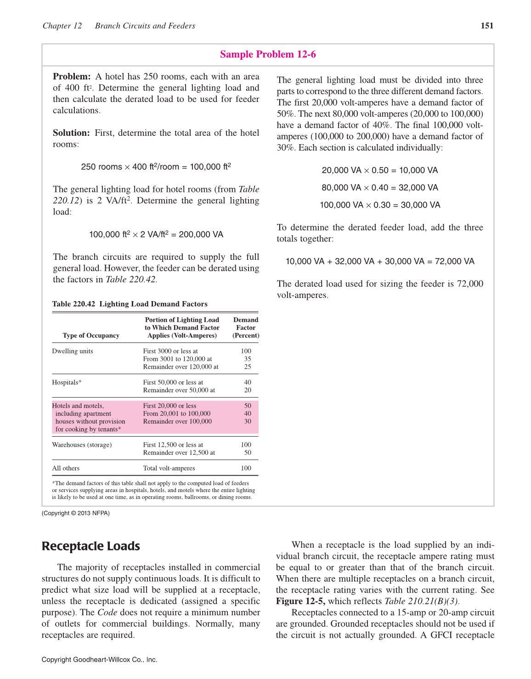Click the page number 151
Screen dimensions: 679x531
pos(487,26)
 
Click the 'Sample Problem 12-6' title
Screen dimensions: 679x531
pos(268,54)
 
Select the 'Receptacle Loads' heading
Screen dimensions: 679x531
pos(90,546)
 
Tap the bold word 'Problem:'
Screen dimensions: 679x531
pos(72,77)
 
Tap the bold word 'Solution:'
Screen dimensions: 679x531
pos(71,133)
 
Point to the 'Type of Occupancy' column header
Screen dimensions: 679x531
pos(91,336)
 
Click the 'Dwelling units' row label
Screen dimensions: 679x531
pos(73,351)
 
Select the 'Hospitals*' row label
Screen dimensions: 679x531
pos(67,382)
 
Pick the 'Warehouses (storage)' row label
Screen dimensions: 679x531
pos(82,445)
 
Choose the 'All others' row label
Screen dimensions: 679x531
pos(66,468)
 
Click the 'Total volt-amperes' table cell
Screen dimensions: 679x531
pos(169,468)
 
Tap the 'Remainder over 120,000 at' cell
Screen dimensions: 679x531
pos(181,367)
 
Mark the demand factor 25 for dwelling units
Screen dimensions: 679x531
pos(248,367)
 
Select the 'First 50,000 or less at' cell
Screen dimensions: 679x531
pos(173,382)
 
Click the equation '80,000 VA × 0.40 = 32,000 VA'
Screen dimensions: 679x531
pos(380,188)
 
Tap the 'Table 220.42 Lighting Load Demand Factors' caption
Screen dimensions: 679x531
pos(130,304)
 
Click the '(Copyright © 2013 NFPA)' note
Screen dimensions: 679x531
pos(76,513)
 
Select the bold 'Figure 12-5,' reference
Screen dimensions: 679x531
pos(300,601)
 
